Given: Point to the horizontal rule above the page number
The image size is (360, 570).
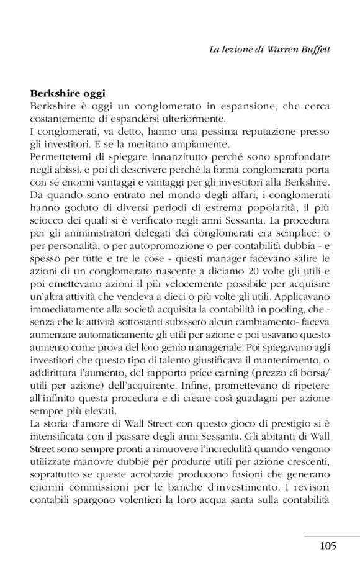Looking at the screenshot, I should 331,535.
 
